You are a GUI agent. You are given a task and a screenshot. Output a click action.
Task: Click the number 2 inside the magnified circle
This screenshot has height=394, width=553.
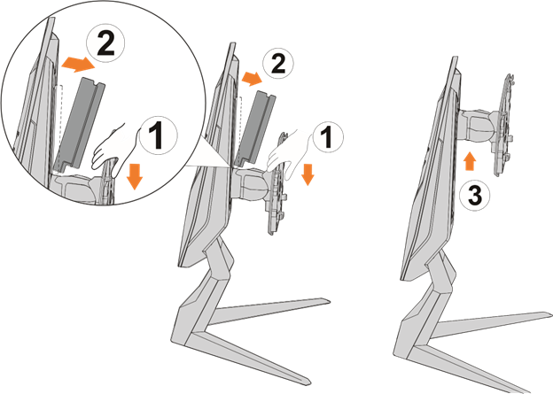(105, 44)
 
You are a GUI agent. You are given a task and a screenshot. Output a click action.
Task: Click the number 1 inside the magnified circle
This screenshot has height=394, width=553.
(159, 136)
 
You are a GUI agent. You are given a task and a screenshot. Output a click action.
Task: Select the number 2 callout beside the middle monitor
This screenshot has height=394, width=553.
(278, 64)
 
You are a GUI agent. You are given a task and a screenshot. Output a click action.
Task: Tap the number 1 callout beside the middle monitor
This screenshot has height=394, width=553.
(328, 137)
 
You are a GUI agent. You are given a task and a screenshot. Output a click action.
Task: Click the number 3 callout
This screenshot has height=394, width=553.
(475, 195)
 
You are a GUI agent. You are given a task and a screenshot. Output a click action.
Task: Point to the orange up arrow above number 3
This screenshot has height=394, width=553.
(470, 161)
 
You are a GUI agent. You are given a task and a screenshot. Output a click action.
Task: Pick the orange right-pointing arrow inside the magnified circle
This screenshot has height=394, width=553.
(78, 65)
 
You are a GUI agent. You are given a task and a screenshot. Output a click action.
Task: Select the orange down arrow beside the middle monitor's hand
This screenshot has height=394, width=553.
(308, 174)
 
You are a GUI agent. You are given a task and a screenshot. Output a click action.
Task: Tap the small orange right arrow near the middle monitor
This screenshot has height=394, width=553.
(252, 79)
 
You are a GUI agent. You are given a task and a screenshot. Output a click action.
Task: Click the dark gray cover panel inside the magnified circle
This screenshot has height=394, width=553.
(81, 123)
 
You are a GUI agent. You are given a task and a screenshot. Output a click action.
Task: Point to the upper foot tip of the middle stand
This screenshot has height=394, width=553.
(330, 301)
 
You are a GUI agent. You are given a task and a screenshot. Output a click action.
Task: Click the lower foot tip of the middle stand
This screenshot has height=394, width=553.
(310, 384)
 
